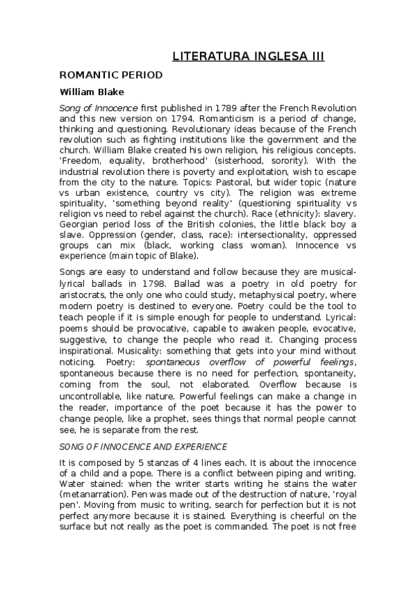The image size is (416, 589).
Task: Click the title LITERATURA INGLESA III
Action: point(248,56)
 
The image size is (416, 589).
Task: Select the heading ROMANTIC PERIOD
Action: point(111,74)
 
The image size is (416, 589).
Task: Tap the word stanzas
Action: point(156,463)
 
